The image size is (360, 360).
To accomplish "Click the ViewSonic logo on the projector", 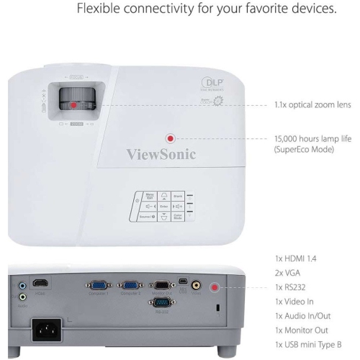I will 161,153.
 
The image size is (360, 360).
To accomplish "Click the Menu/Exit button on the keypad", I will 150,195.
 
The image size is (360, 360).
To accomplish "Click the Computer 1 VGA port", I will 97,286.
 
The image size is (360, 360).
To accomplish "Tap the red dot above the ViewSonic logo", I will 171,138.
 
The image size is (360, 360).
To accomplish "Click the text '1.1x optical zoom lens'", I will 312,104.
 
